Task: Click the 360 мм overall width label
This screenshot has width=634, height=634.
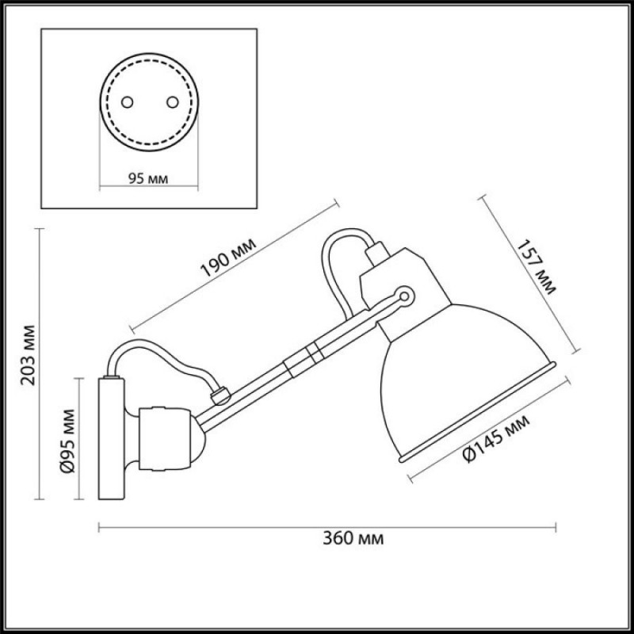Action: (353, 539)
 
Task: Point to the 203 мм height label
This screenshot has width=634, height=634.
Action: (29, 354)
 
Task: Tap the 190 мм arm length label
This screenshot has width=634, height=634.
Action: (228, 257)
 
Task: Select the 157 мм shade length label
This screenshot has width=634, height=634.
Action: (537, 267)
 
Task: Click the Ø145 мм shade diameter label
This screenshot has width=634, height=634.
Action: (497, 439)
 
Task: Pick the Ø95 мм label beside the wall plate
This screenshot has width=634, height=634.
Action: (67, 441)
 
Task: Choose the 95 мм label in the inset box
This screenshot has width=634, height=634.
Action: (148, 178)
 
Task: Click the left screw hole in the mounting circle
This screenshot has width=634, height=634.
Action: (128, 102)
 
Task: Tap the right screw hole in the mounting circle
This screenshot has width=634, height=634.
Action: (173, 102)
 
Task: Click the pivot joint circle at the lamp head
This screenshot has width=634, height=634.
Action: (404, 296)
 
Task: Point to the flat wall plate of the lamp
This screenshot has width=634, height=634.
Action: (111, 438)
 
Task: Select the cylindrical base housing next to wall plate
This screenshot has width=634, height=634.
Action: (164, 439)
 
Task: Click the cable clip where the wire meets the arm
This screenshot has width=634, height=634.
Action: (221, 395)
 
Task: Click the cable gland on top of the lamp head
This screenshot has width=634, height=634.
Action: (377, 253)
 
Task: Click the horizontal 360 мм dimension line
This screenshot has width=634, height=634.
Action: (327, 527)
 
